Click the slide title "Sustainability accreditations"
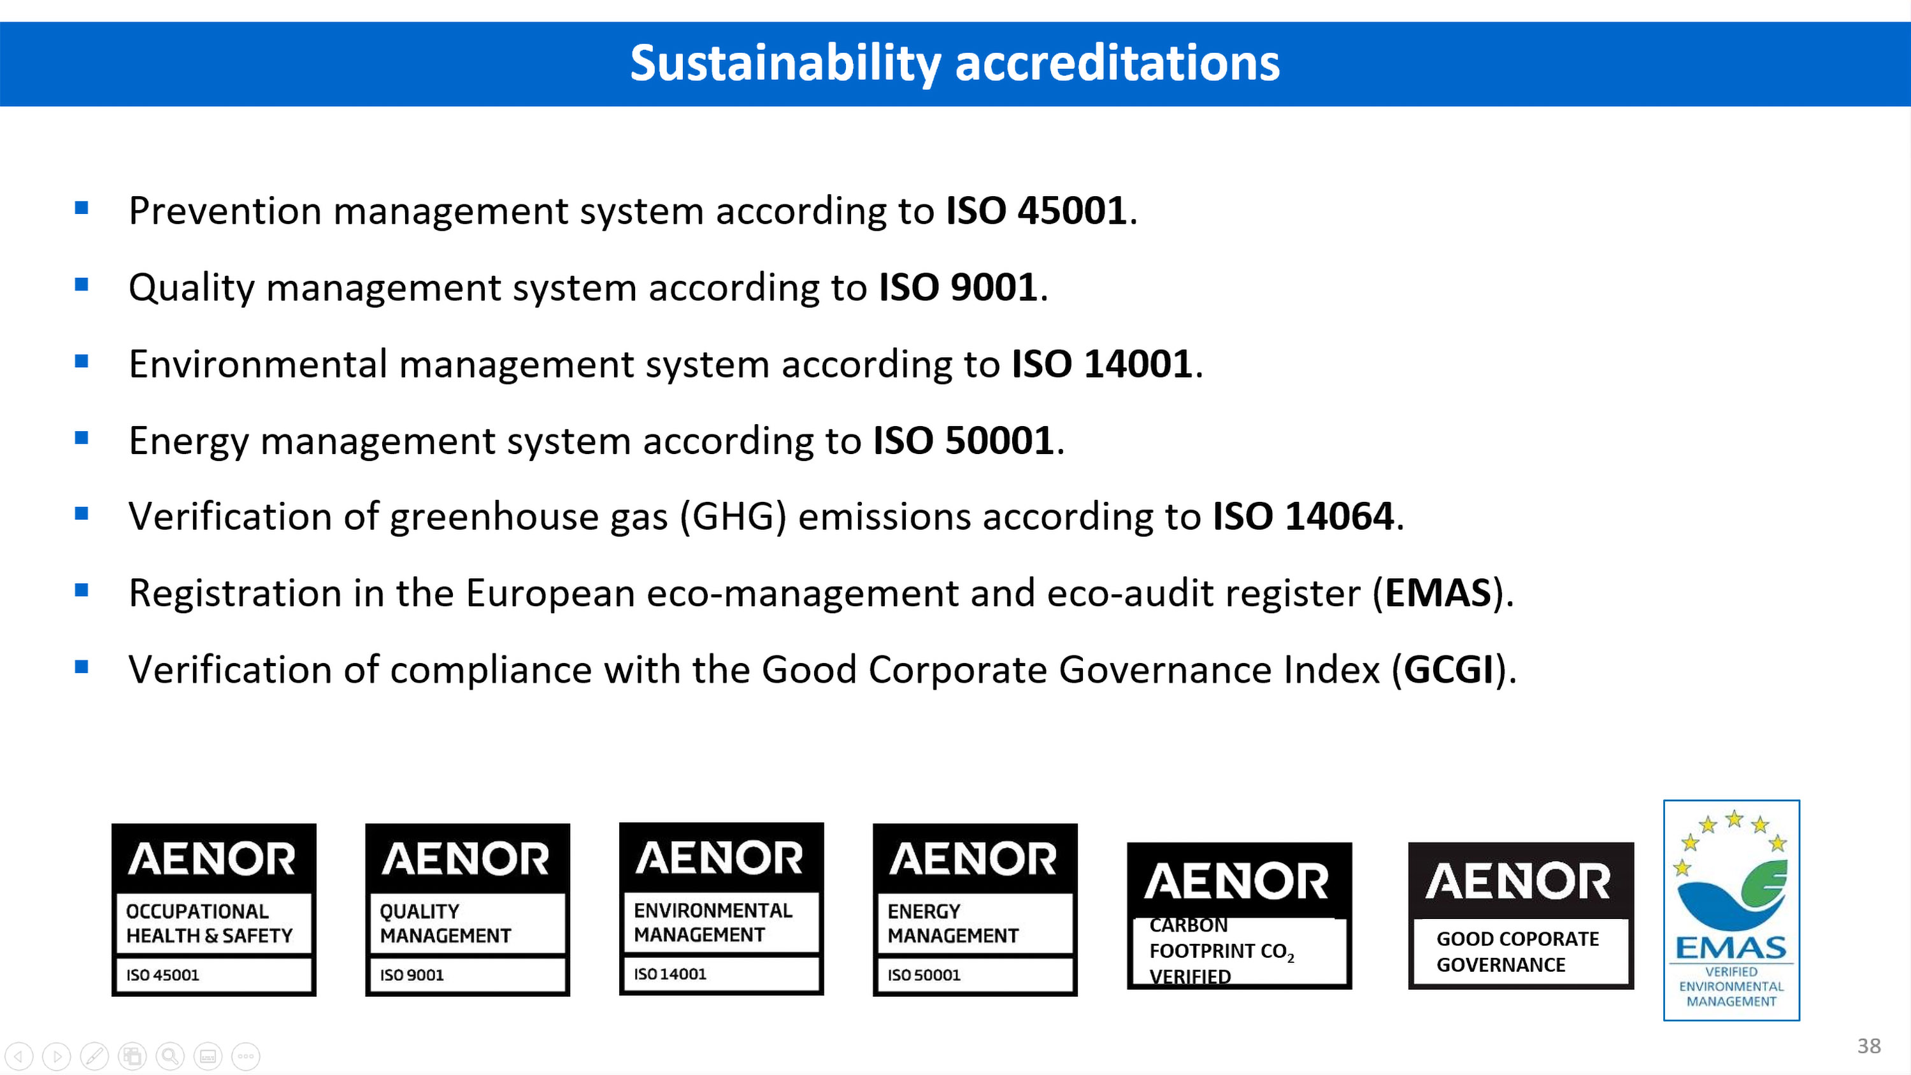point(955,63)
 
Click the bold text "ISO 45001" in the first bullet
point(1037,211)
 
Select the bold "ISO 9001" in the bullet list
point(957,287)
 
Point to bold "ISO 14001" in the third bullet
point(1103,364)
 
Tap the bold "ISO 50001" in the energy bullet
point(964,441)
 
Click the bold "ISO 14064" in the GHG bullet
point(1303,516)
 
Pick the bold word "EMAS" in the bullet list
point(1438,593)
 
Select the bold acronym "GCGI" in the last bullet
point(1448,669)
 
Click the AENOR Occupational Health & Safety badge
point(213,909)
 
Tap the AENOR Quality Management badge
point(468,909)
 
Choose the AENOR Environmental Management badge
point(721,909)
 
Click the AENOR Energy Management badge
point(975,909)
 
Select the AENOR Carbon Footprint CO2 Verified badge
point(1240,916)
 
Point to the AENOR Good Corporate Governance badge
point(1521,916)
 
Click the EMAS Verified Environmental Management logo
point(1731,910)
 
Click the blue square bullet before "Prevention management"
point(82,208)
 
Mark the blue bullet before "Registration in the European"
point(82,590)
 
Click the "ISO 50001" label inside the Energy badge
point(924,975)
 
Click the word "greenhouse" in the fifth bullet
point(494,517)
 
